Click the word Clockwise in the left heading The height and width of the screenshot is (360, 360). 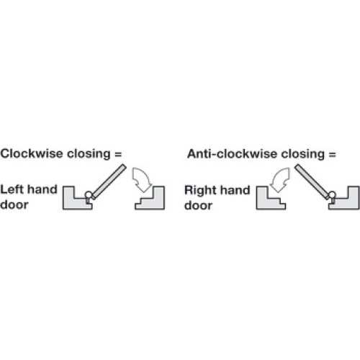click(32, 153)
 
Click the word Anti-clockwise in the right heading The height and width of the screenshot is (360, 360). click(232, 154)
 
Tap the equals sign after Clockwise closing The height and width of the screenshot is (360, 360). click(118, 154)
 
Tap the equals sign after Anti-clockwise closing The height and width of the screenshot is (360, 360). click(332, 154)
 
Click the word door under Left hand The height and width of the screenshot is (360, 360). click(14, 204)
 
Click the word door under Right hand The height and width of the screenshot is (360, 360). click(198, 205)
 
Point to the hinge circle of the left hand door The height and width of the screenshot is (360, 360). click(89, 194)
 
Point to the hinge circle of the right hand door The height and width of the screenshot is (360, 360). click(333, 194)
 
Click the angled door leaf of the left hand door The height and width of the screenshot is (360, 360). click(109, 181)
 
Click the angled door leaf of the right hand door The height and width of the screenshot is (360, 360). click(312, 181)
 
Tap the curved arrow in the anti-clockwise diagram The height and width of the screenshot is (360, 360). click(282, 179)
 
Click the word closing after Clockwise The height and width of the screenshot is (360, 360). click(89, 154)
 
